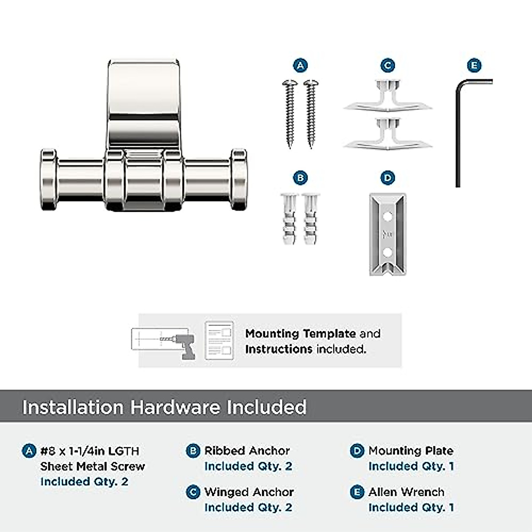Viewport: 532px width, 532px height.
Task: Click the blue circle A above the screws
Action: coord(301,66)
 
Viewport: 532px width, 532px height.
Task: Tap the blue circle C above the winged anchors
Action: coord(387,66)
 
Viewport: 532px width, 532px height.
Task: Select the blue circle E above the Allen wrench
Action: coord(474,66)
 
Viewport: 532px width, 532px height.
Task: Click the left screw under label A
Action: coord(290,113)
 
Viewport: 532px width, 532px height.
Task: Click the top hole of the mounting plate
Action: coord(387,217)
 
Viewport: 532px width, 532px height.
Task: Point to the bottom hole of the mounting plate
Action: coord(387,252)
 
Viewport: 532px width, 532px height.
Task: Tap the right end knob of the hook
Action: coord(238,180)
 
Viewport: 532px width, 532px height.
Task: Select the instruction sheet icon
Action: coord(219,340)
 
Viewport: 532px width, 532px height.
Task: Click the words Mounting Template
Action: coord(300,333)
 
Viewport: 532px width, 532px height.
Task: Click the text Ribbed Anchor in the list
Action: coord(247,451)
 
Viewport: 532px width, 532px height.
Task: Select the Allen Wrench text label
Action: coord(406,492)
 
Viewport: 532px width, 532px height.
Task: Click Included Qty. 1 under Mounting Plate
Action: coord(411,466)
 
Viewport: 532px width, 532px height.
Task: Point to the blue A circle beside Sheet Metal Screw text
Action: coord(29,451)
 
